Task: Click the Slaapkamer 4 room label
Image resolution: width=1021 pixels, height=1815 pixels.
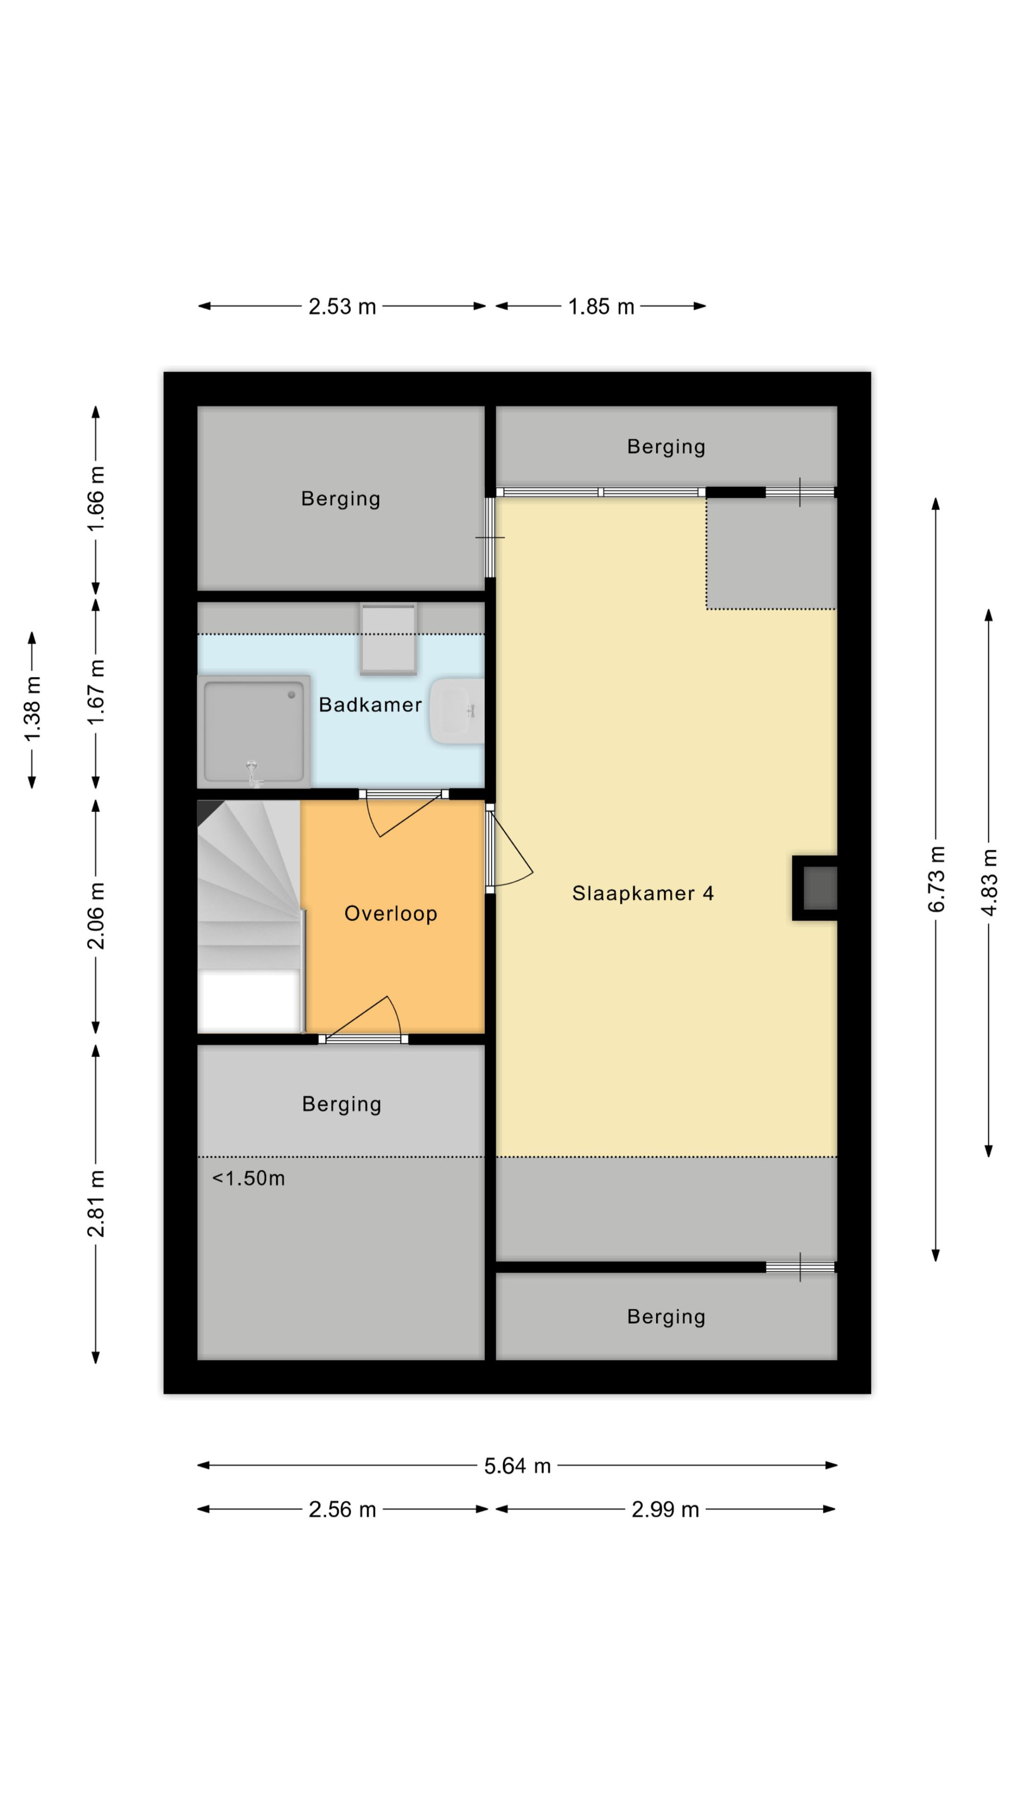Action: pos(643,893)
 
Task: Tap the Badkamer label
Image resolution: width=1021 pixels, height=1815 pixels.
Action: pos(370,704)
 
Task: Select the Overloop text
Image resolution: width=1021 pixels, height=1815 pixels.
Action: pos(391,914)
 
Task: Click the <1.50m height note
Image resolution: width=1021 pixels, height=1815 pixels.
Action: pos(249,1178)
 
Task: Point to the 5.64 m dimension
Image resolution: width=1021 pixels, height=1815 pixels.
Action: pos(517,1465)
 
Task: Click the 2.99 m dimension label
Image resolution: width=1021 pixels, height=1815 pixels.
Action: pos(665,1509)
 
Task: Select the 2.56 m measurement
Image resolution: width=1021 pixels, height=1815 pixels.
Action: pos(343,1509)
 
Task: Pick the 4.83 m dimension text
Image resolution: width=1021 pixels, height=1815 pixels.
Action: pos(989,882)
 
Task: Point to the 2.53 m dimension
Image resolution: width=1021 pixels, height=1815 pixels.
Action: pos(343,306)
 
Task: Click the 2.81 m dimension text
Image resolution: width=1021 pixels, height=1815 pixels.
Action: pos(96,1204)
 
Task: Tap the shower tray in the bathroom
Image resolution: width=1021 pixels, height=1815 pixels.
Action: pos(254,731)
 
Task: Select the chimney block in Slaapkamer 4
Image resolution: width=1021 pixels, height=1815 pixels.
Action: pos(815,888)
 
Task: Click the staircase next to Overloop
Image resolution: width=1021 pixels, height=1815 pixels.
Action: pos(250,917)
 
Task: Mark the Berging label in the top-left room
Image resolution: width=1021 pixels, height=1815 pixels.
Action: pos(341,499)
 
